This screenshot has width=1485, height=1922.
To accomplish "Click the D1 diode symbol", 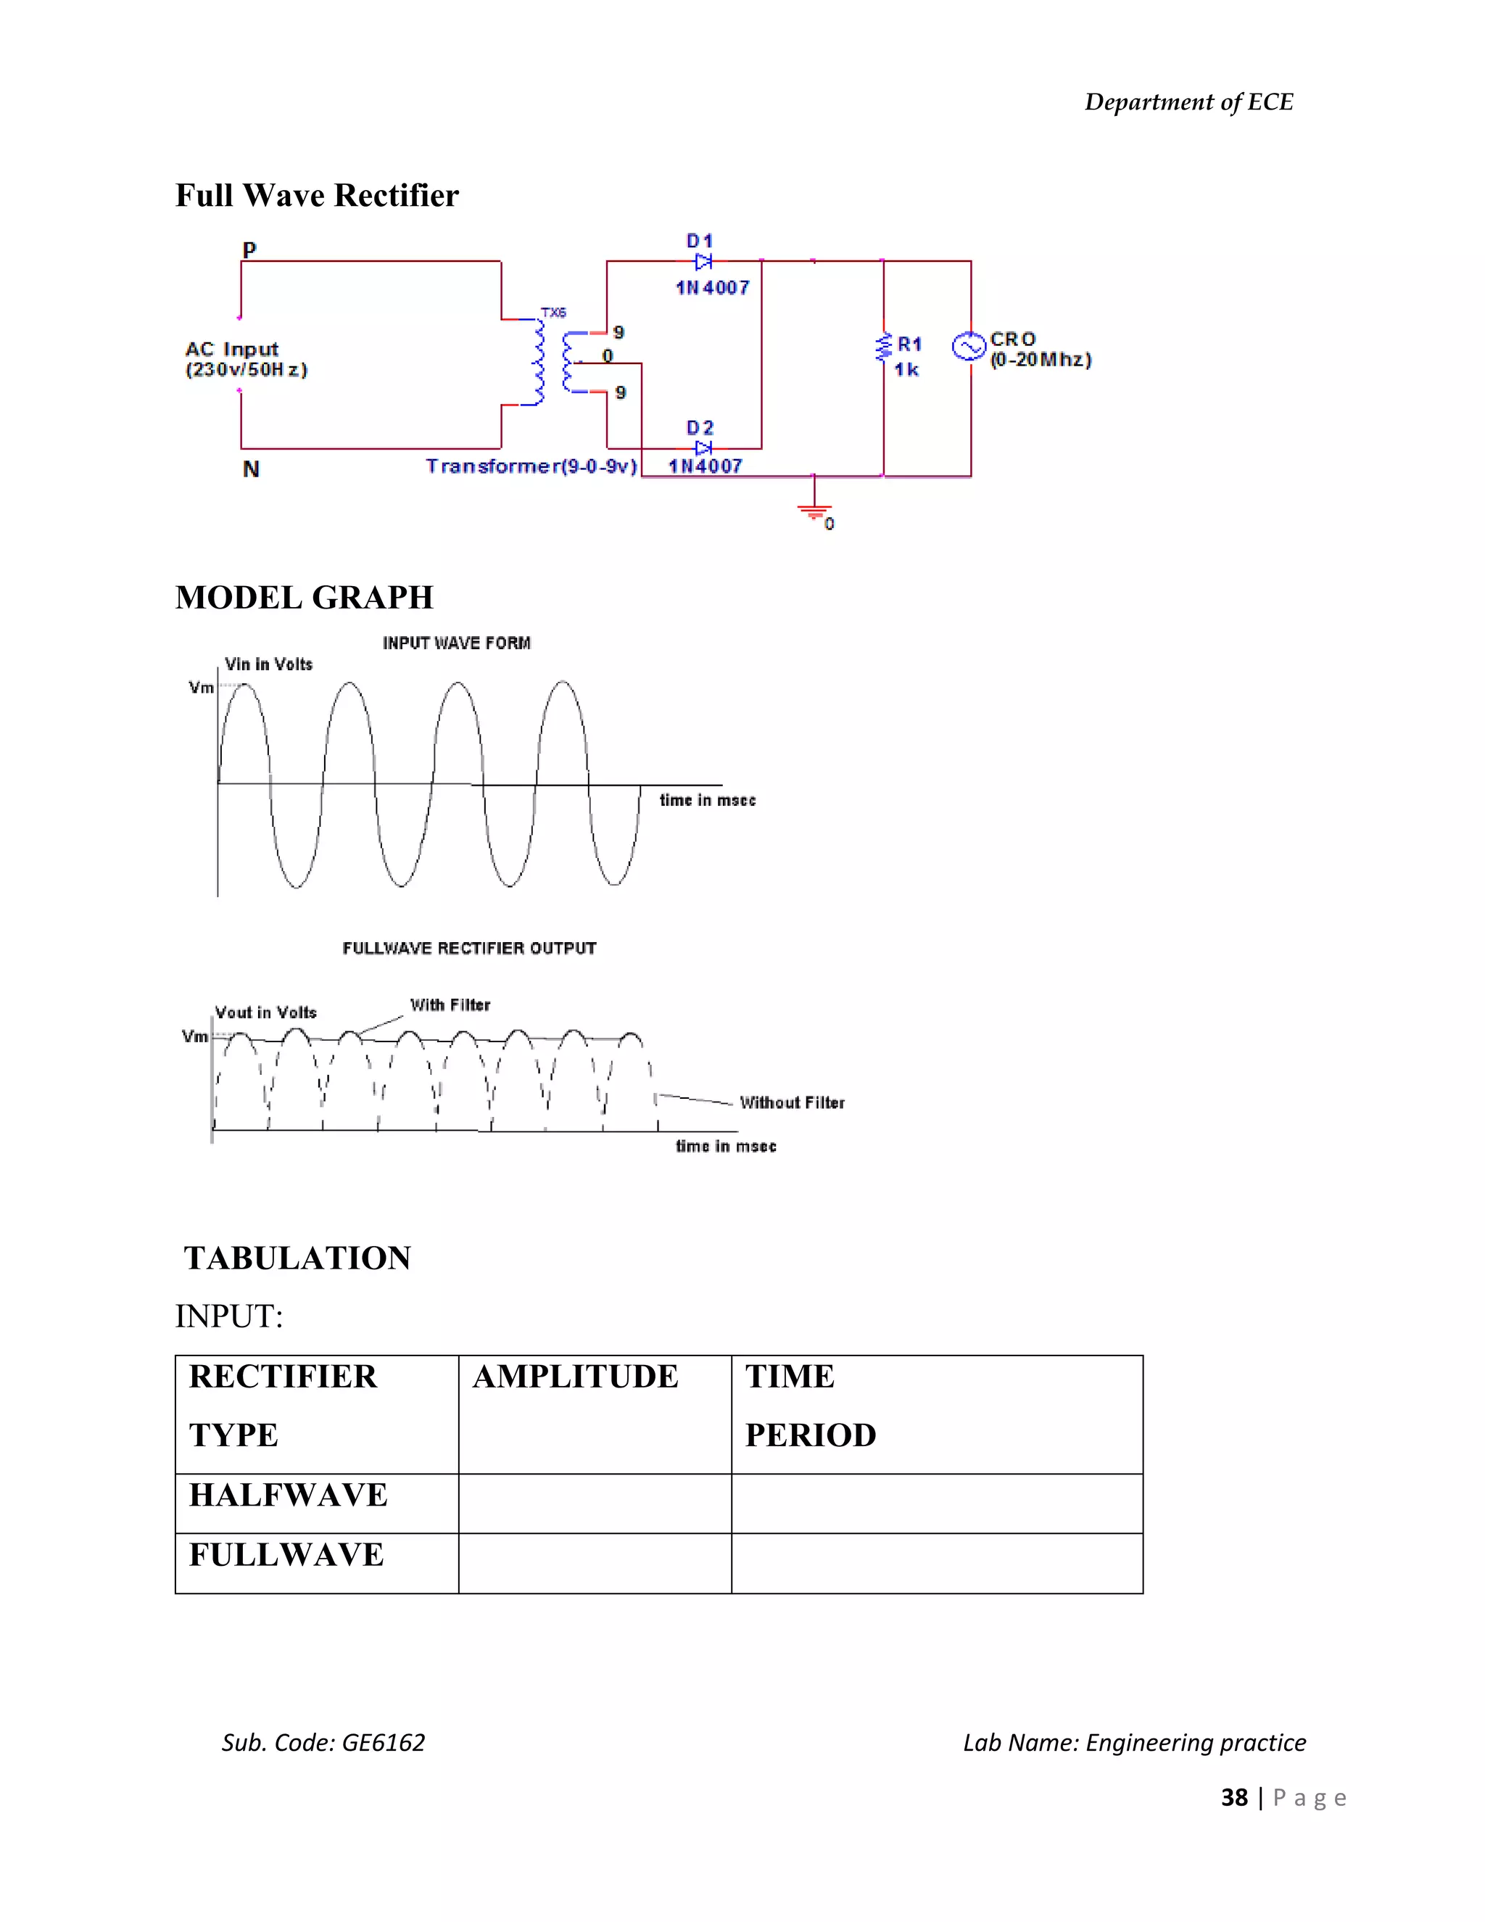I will coord(703,261).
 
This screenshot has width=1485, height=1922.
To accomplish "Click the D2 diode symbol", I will coord(703,448).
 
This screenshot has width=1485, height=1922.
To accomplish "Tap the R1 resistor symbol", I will coord(882,347).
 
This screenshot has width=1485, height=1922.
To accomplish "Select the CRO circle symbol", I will coord(969,347).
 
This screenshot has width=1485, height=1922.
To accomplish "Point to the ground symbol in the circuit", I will coord(814,511).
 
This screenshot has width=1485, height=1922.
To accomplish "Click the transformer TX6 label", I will coord(553,313).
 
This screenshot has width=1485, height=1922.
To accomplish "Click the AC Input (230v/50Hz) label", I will coord(246,359).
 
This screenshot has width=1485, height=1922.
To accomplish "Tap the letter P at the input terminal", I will coord(249,250).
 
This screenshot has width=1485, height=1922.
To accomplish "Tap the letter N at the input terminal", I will coord(251,469).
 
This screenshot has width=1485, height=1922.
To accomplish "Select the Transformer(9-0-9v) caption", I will coord(531,466).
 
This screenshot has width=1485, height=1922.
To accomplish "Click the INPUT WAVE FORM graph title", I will coord(457,643).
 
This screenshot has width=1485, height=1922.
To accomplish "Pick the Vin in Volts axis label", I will coord(268,664).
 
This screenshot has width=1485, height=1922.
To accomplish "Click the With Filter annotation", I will coord(450,1005).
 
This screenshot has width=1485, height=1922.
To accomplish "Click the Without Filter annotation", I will coord(792,1102).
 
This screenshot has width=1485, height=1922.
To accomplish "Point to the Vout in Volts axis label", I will coord(265,1013).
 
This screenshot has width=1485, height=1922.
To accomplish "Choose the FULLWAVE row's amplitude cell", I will coord(595,1563).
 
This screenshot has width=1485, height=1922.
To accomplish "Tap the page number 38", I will coord(1233,1797).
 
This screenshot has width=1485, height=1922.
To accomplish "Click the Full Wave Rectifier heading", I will coord(317,195).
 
